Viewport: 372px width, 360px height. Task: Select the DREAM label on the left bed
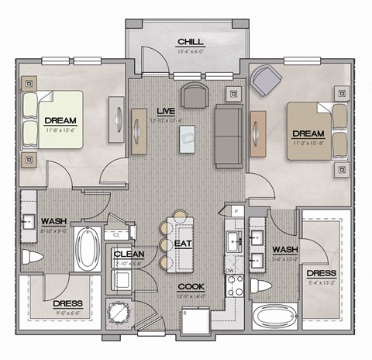(60, 120)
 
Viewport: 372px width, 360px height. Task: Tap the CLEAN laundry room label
(127, 254)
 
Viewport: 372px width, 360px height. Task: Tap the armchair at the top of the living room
(193, 95)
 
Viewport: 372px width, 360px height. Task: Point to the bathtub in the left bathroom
(85, 247)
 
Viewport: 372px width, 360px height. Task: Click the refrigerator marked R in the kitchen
(195, 321)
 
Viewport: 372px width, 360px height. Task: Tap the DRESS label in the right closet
(321, 274)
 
